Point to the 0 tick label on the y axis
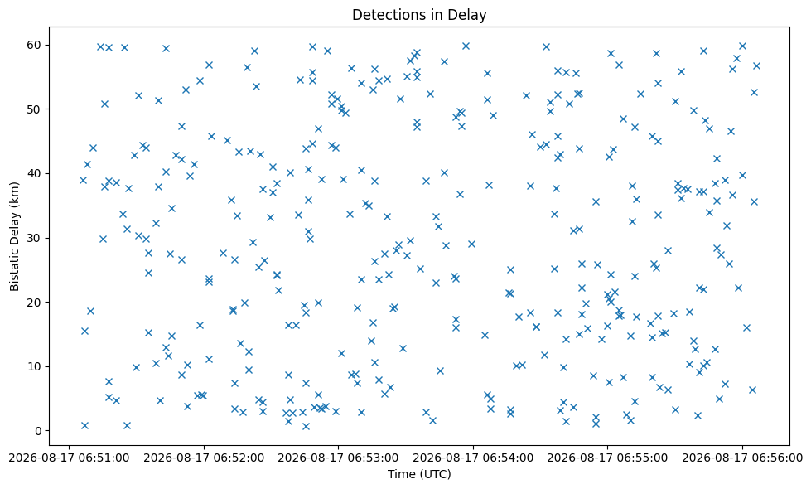(x=38, y=430)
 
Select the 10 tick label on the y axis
(x=35, y=366)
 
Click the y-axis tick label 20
(x=35, y=303)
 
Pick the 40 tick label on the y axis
(x=35, y=173)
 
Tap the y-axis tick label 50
(x=35, y=109)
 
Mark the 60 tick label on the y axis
(x=35, y=45)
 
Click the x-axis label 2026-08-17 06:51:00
(x=69, y=458)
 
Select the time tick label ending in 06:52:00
(x=204, y=458)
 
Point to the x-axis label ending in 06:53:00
(x=338, y=458)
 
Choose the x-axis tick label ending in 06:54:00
(x=473, y=458)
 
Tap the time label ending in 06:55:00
(x=608, y=458)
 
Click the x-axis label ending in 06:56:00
(x=742, y=458)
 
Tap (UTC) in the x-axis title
(x=434, y=475)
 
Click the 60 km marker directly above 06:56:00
(x=742, y=46)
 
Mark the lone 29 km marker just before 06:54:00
(x=471, y=244)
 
